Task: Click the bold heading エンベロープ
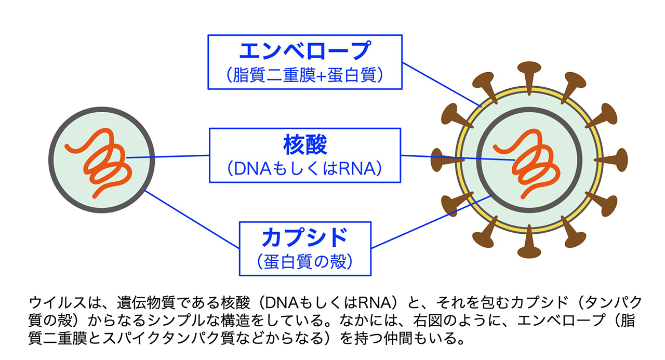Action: click(305, 50)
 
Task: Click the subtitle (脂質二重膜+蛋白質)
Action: click(305, 75)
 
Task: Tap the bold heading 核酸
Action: click(305, 145)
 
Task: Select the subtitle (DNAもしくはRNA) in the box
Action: click(305, 168)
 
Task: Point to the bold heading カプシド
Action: click(305, 237)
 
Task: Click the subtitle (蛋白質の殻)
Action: click(305, 262)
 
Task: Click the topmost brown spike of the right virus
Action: click(529, 78)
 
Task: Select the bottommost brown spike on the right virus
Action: click(529, 242)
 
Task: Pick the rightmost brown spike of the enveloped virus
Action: click(611, 160)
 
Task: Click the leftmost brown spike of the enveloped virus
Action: click(447, 160)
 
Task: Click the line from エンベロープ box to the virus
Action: click(442, 85)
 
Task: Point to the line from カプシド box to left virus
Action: click(192, 219)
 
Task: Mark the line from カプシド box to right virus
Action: click(432, 222)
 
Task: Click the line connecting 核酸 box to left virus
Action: click(168, 156)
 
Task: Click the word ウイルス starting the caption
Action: click(58, 303)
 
